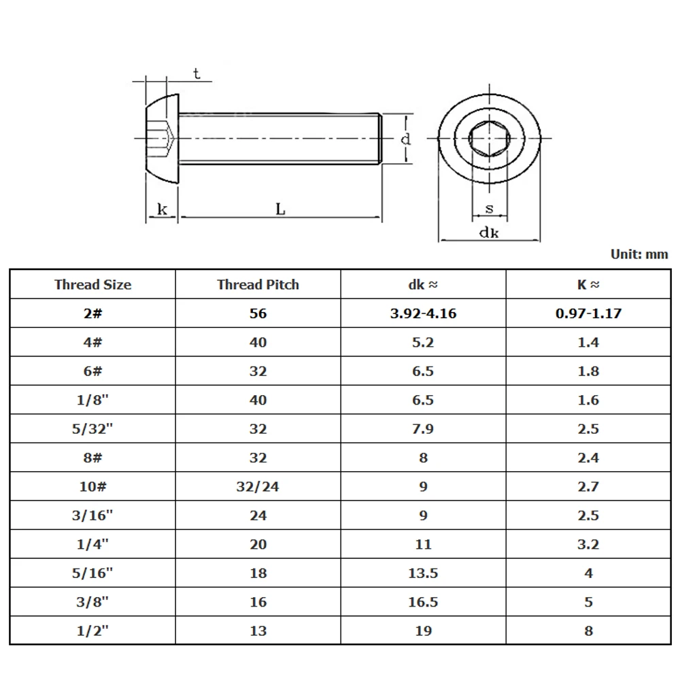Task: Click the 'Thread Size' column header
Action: pyautogui.click(x=92, y=285)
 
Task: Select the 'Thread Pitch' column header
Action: pyautogui.click(x=258, y=285)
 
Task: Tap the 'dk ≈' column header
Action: pyautogui.click(x=423, y=285)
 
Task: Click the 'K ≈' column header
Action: pyautogui.click(x=588, y=285)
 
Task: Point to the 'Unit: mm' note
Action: pyautogui.click(x=639, y=254)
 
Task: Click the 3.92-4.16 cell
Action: pyautogui.click(x=423, y=313)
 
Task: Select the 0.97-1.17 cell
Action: pyautogui.click(x=588, y=313)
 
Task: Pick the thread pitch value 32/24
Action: pyautogui.click(x=258, y=487)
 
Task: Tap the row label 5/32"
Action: pyautogui.click(x=92, y=429)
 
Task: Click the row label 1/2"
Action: pyautogui.click(x=92, y=631)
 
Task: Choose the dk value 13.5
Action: pyautogui.click(x=423, y=573)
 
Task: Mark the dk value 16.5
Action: pyautogui.click(x=423, y=602)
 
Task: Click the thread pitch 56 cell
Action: pyautogui.click(x=258, y=313)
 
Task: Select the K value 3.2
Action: pyautogui.click(x=588, y=545)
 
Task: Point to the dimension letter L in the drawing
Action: pyautogui.click(x=280, y=209)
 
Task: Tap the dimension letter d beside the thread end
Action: pyautogui.click(x=405, y=139)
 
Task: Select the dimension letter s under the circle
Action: pyautogui.click(x=490, y=209)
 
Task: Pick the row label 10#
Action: pyautogui.click(x=92, y=487)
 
